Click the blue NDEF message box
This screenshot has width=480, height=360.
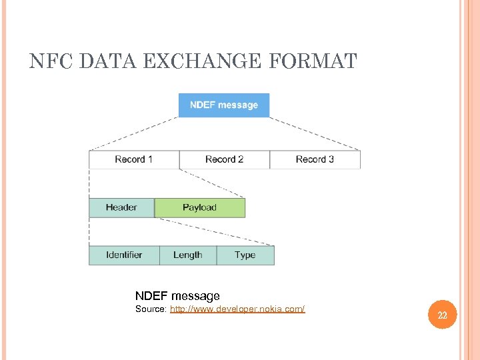coord(224,105)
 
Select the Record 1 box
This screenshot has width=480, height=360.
coord(134,159)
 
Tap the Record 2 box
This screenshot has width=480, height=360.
coord(225,159)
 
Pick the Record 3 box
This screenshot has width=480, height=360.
coord(315,159)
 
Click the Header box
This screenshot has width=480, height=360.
coord(121,207)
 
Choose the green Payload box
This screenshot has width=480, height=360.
coord(200,207)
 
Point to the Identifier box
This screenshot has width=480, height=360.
coord(124,255)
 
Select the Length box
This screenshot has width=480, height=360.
coord(188,255)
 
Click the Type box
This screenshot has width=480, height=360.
coord(245,255)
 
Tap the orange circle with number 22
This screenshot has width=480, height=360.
coord(442,315)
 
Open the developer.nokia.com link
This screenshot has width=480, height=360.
coord(237,309)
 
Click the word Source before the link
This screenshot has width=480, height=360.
coord(151,309)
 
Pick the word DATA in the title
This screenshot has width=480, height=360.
coord(108,62)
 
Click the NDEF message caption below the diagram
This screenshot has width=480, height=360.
coord(177,295)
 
